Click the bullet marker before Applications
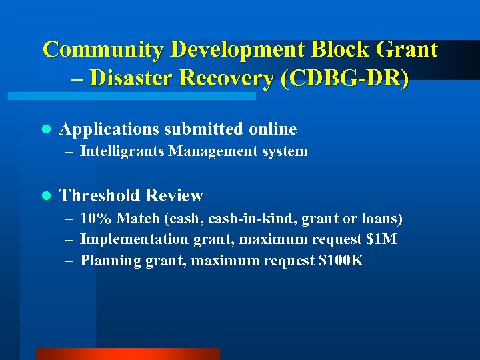click(45, 129)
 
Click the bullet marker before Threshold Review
click(45, 196)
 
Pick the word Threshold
click(100, 196)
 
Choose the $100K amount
click(341, 260)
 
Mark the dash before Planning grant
click(69, 260)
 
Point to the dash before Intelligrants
click(69, 151)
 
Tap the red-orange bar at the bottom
click(127, 354)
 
